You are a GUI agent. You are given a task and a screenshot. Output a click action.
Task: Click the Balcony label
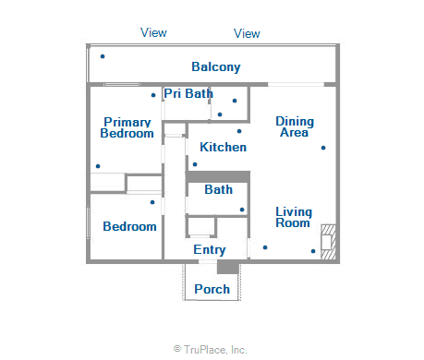215,66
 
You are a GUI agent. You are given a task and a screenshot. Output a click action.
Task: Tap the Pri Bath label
188,93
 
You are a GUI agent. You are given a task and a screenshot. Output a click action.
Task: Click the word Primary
127,122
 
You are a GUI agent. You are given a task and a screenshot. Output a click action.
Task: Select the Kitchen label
223,147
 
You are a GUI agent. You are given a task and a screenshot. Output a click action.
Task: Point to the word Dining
295,121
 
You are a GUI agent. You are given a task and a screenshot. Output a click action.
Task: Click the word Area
295,133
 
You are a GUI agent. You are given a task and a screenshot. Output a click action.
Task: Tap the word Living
293,211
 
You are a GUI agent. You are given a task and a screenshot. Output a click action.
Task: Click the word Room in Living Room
293,223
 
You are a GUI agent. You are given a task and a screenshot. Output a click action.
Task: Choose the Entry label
210,250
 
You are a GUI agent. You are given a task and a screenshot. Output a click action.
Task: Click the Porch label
212,290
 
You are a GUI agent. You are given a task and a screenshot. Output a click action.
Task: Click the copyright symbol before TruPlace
176,350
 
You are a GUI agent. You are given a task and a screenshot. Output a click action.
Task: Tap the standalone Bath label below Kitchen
218,190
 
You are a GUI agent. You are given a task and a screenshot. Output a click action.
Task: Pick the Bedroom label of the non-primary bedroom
129,226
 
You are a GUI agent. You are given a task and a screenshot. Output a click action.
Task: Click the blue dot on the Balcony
103,56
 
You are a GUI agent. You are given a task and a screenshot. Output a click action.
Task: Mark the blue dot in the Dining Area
323,148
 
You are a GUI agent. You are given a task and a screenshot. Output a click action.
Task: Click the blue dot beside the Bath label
242,210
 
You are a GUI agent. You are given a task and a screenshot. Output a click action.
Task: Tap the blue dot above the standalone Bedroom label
152,202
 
